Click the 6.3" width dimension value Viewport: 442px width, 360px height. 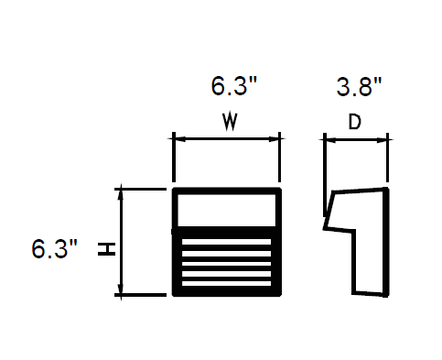[234, 86]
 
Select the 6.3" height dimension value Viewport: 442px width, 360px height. [54, 249]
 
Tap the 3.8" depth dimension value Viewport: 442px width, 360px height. [359, 87]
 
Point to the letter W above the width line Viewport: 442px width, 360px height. [230, 122]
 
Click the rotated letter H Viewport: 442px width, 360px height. [106, 249]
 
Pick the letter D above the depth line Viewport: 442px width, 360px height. [355, 122]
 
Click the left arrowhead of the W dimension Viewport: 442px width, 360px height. [180, 139]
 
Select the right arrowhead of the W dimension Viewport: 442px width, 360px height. [274, 139]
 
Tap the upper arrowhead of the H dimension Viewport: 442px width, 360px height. [121, 195]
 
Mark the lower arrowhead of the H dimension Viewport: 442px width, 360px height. [121, 289]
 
